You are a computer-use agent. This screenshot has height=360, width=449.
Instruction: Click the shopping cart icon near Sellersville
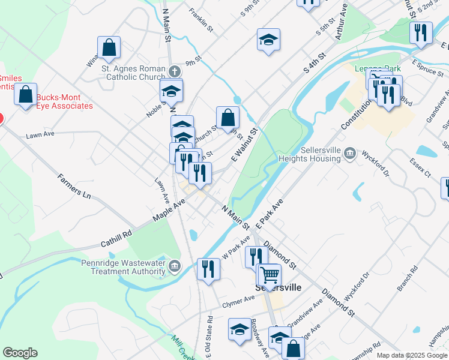pyautogui.click(x=270, y=275)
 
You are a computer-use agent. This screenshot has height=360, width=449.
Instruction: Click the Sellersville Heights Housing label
pyautogui.click(x=309, y=154)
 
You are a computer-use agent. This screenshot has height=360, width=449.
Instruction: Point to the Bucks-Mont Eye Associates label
pyautogui.click(x=65, y=101)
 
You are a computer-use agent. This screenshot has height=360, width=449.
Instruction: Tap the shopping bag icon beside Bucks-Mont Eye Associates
pyautogui.click(x=26, y=95)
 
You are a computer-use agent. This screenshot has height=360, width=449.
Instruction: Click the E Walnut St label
pyautogui.click(x=244, y=145)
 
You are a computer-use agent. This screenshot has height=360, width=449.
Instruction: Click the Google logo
pyautogui.click(x=20, y=353)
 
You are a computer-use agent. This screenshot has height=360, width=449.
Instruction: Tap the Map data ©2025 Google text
pyautogui.click(x=412, y=355)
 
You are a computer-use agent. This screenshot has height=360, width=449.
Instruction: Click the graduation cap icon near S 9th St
pyautogui.click(x=268, y=40)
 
